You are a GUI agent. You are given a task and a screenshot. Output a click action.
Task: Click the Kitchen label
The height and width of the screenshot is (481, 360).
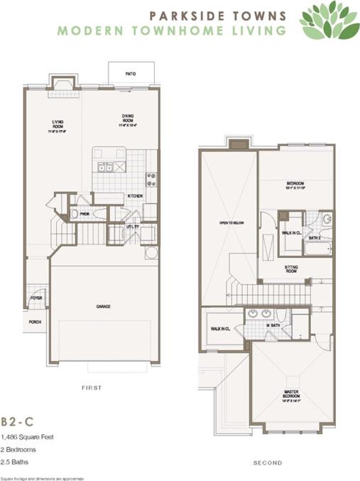[x=135, y=196]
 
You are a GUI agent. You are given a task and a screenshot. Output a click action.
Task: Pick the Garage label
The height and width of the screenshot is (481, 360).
[x=104, y=306]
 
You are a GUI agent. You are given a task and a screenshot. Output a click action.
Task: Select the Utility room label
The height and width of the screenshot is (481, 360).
[x=133, y=227]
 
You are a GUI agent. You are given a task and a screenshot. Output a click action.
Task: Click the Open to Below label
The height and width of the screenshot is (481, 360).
[x=230, y=222]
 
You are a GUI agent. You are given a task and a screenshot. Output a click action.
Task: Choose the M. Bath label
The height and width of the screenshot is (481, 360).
[x=273, y=325]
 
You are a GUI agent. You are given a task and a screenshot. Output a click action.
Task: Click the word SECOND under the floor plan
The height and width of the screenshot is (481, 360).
[x=268, y=463]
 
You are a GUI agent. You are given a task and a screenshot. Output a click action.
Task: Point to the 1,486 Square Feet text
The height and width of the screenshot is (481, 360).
[x=27, y=437]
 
